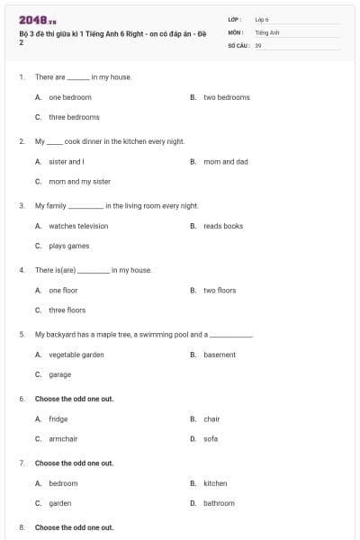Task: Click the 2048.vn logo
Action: pyautogui.click(x=36, y=19)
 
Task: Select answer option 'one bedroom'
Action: pyautogui.click(x=70, y=97)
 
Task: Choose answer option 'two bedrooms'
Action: pyautogui.click(x=226, y=97)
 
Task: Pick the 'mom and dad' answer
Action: pyautogui.click(x=226, y=162)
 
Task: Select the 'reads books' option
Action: pyautogui.click(x=223, y=226)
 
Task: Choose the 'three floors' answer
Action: pyautogui.click(x=67, y=310)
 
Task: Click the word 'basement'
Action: pyautogui.click(x=220, y=355)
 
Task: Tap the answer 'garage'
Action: pyautogui.click(x=60, y=374)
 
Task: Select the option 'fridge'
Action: pyautogui.click(x=58, y=418)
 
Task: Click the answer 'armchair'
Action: pyautogui.click(x=63, y=438)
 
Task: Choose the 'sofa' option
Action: pyautogui.click(x=211, y=438)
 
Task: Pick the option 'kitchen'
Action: pyautogui.click(x=215, y=483)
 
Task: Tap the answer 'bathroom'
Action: pyautogui.click(x=219, y=503)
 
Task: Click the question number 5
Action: pyautogui.click(x=21, y=334)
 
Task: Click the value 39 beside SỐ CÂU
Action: pyautogui.click(x=258, y=44)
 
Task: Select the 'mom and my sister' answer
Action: pyautogui.click(x=80, y=181)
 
